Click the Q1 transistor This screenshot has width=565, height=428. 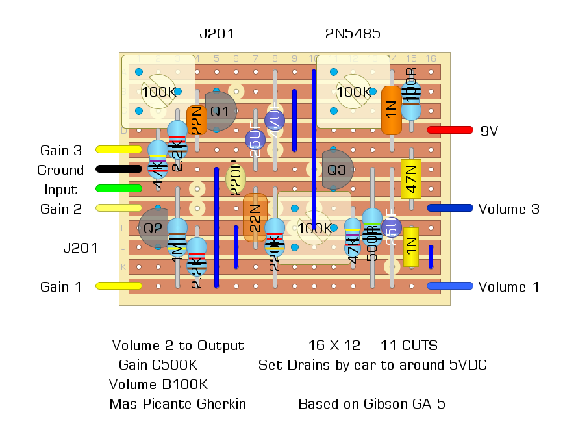tap(221, 111)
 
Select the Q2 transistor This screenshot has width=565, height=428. tap(154, 228)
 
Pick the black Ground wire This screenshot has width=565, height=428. tap(119, 170)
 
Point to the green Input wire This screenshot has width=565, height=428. tap(119, 189)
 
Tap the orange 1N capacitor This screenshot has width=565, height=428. tap(391, 110)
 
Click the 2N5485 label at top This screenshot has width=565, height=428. tap(353, 34)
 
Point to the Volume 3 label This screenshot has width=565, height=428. tap(509, 209)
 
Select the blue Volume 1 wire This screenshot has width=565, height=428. tap(449, 286)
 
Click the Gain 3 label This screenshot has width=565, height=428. tap(61, 151)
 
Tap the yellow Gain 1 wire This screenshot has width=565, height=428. tap(119, 286)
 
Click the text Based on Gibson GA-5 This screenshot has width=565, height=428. tap(371, 404)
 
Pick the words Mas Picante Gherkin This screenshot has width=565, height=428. tap(178, 404)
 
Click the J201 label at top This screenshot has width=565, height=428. tap(216, 34)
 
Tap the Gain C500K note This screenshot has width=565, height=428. tap(158, 365)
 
